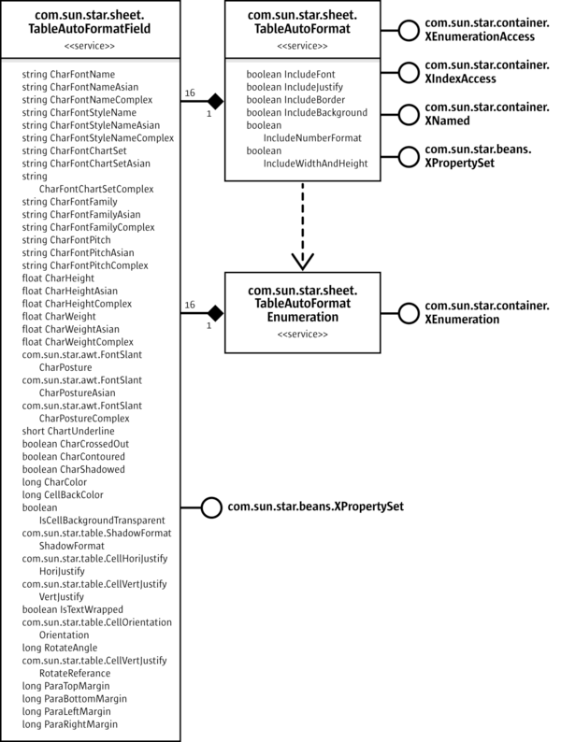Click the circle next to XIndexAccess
[408, 73]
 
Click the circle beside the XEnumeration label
[408, 313]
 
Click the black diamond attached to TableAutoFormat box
[214, 99]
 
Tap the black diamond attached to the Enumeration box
[214, 312]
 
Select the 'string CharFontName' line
[68, 73]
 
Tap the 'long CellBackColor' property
[62, 493]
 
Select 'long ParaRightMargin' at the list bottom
[69, 723]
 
